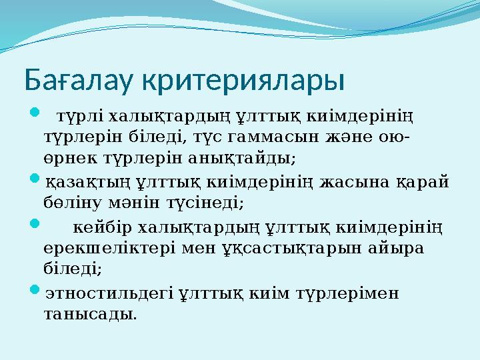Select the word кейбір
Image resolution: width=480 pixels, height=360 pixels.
click(x=101, y=227)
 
